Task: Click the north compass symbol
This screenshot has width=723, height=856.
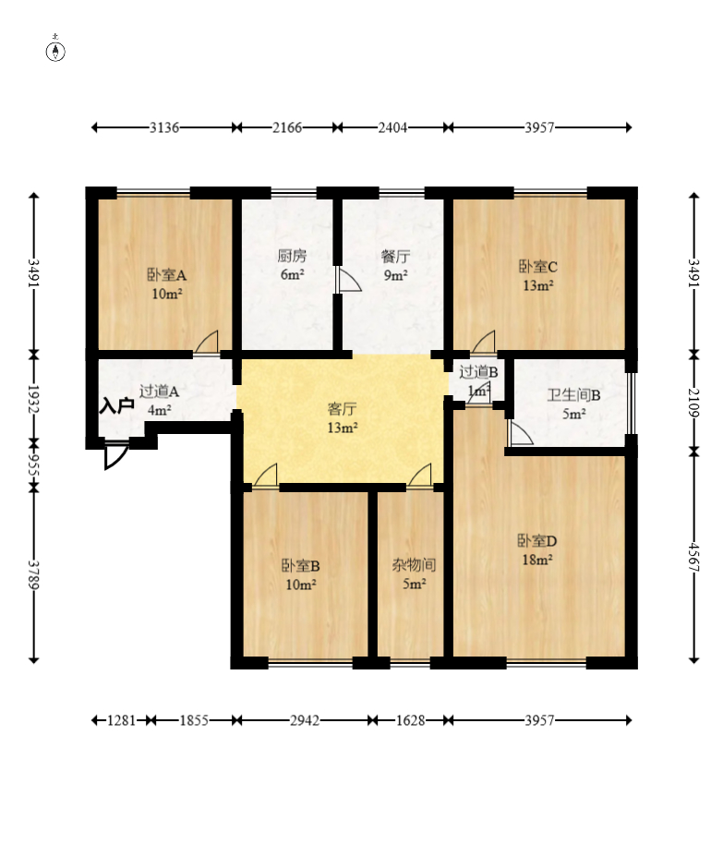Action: coord(55,50)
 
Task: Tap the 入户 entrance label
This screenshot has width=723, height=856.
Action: coord(117,405)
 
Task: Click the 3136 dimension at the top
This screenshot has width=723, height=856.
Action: coord(164,127)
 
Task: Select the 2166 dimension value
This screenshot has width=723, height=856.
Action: coord(287,127)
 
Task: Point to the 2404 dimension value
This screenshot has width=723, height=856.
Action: coord(392,127)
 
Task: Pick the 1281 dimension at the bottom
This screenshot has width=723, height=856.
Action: coord(121,720)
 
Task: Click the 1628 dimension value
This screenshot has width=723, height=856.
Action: coord(410,720)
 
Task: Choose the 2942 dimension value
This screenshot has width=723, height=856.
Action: coord(305,720)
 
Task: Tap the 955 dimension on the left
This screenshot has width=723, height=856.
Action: coord(34,464)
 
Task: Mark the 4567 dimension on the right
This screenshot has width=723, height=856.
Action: coord(694,556)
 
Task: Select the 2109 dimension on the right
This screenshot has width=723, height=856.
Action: coord(694,403)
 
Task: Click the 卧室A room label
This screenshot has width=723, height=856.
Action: coord(166,274)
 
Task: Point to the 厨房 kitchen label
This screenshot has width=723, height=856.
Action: coord(292,255)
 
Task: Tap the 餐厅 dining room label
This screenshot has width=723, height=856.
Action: coord(395,256)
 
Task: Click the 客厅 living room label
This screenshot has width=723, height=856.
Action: coord(343,408)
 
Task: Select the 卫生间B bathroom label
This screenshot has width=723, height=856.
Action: coord(574,394)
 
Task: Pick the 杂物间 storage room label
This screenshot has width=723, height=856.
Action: coord(414,564)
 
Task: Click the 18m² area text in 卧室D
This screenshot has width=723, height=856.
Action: coord(537,560)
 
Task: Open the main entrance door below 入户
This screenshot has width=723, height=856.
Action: coord(116,457)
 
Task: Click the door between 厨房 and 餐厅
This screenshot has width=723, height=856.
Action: coord(348,279)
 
